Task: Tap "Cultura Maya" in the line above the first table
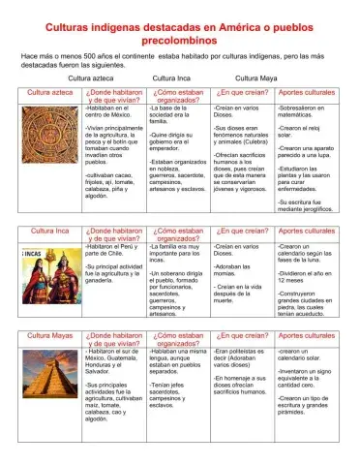pos(255,76)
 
